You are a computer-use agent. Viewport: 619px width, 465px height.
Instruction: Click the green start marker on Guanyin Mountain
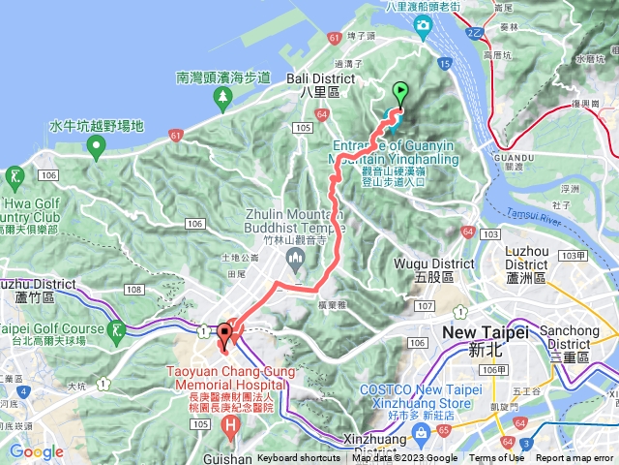pyautogui.click(x=400, y=94)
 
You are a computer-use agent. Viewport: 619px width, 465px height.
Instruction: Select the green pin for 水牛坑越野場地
pyautogui.click(x=96, y=148)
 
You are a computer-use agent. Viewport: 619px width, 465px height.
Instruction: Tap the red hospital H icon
pyautogui.click(x=230, y=424)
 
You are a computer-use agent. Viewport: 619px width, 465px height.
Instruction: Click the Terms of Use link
pyautogui.click(x=496, y=458)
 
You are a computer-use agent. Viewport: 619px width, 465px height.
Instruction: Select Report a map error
pyautogui.click(x=575, y=458)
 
